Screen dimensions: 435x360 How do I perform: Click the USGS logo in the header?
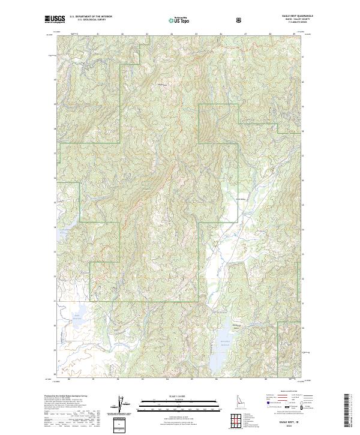click(x=55, y=20)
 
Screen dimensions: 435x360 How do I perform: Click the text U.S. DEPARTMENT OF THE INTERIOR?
click(x=91, y=17)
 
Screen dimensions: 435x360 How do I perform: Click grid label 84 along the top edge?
click(x=172, y=34)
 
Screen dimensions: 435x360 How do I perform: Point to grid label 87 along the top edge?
click(x=245, y=34)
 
